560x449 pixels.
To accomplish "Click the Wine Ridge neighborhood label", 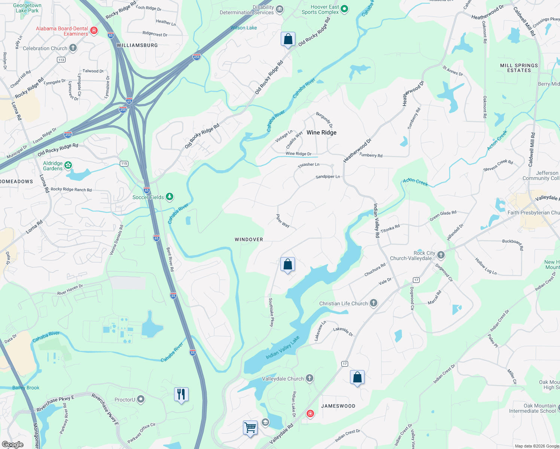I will [x=321, y=132].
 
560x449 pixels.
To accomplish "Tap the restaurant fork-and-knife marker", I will [x=181, y=394].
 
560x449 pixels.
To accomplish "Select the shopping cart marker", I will [x=250, y=427].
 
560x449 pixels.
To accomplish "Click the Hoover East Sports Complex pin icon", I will [x=345, y=9].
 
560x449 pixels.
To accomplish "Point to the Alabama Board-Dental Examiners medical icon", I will [x=94, y=30].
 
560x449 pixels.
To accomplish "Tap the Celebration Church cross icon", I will [x=73, y=48].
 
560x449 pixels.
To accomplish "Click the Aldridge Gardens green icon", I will [x=68, y=165].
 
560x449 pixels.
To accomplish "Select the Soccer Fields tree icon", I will [x=170, y=196].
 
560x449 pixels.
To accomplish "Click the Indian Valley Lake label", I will [x=283, y=348].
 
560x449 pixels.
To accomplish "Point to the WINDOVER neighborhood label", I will [x=249, y=239].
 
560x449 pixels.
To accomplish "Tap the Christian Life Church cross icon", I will [x=374, y=303].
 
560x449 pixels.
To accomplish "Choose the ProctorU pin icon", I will [x=141, y=399].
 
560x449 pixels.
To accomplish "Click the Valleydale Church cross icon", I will [x=310, y=378].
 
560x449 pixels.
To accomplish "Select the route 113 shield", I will [x=61, y=60].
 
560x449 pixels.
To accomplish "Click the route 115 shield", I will [x=124, y=164].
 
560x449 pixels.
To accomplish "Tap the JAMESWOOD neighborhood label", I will [x=338, y=406].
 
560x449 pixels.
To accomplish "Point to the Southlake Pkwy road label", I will [x=271, y=312].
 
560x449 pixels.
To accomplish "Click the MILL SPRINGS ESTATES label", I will [x=519, y=68].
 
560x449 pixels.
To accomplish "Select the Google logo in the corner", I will [x=13, y=444].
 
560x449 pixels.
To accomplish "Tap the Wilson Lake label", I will [x=244, y=28].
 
